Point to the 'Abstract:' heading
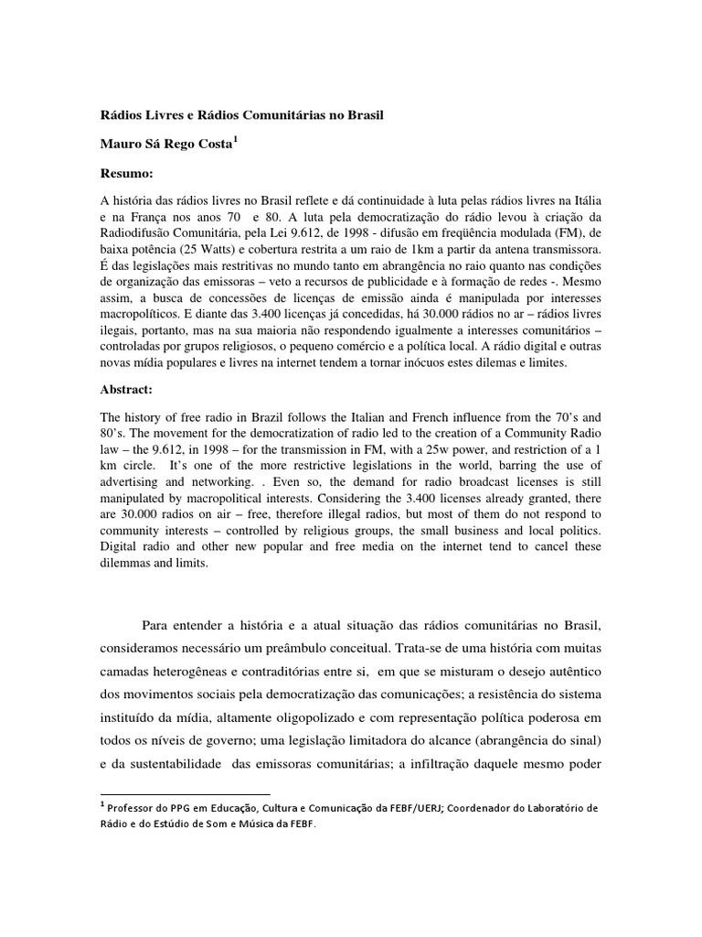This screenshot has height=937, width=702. pos(129,388)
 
